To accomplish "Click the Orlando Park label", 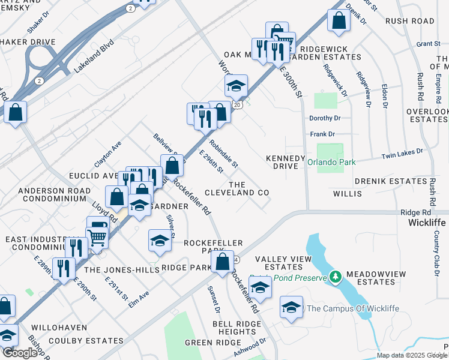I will tap(331, 162).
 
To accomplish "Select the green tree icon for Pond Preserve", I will tap(336, 277).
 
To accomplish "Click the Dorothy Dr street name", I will tap(325, 118).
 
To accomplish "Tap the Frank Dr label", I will tap(322, 134).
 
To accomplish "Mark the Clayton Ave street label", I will tap(108, 154).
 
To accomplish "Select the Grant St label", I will tap(428, 44).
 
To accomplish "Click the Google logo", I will tap(19, 353).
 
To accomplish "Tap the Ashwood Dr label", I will tap(250, 347).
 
